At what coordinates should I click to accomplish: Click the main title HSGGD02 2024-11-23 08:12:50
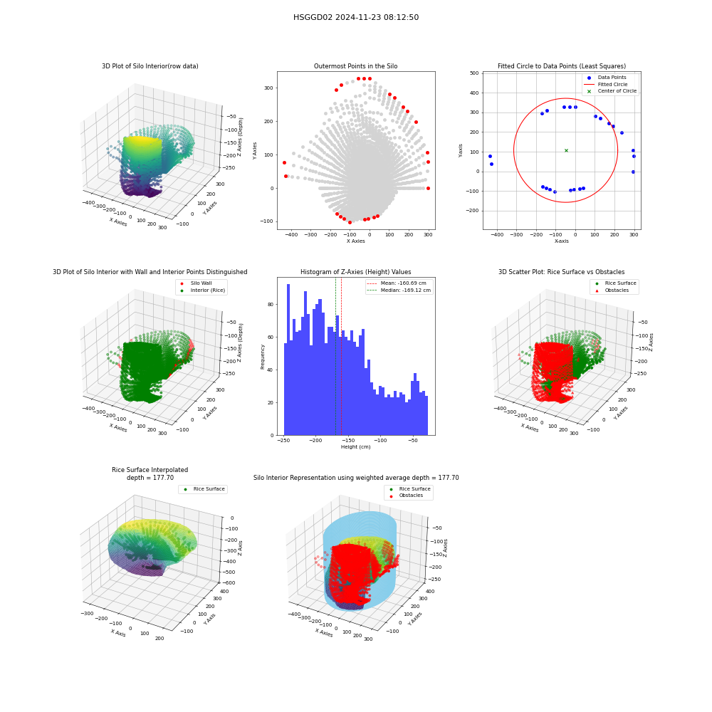point(356,17)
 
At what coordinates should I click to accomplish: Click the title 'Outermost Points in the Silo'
point(355,66)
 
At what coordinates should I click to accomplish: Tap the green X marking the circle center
point(566,150)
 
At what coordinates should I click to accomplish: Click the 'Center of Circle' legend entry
point(610,91)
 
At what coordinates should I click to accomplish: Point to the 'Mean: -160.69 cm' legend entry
point(397,283)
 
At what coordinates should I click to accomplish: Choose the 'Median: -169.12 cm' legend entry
point(399,290)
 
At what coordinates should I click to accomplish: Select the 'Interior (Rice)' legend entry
point(202,290)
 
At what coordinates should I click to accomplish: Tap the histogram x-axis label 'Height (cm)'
point(355,447)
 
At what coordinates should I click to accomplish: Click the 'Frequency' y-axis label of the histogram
point(263,357)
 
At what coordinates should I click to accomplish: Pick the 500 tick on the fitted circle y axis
point(474,73)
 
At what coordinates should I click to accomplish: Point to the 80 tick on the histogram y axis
point(271,304)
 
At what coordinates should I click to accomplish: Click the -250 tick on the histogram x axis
point(283,441)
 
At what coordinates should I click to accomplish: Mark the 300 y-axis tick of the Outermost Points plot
point(269,88)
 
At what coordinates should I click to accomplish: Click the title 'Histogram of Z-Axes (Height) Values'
point(355,272)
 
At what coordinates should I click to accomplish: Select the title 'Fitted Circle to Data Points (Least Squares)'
point(562,66)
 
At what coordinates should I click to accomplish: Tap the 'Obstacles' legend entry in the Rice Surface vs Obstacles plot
point(616,290)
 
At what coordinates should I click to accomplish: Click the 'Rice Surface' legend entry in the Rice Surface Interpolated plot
point(204,489)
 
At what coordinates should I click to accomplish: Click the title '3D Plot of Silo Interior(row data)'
point(150,66)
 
